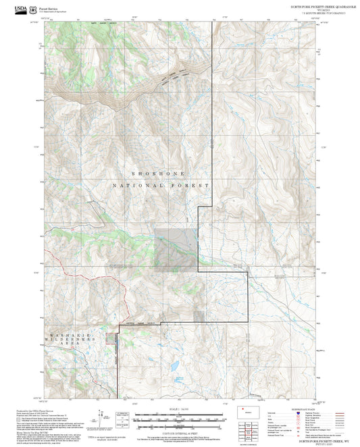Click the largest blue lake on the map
(x=175, y=366)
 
